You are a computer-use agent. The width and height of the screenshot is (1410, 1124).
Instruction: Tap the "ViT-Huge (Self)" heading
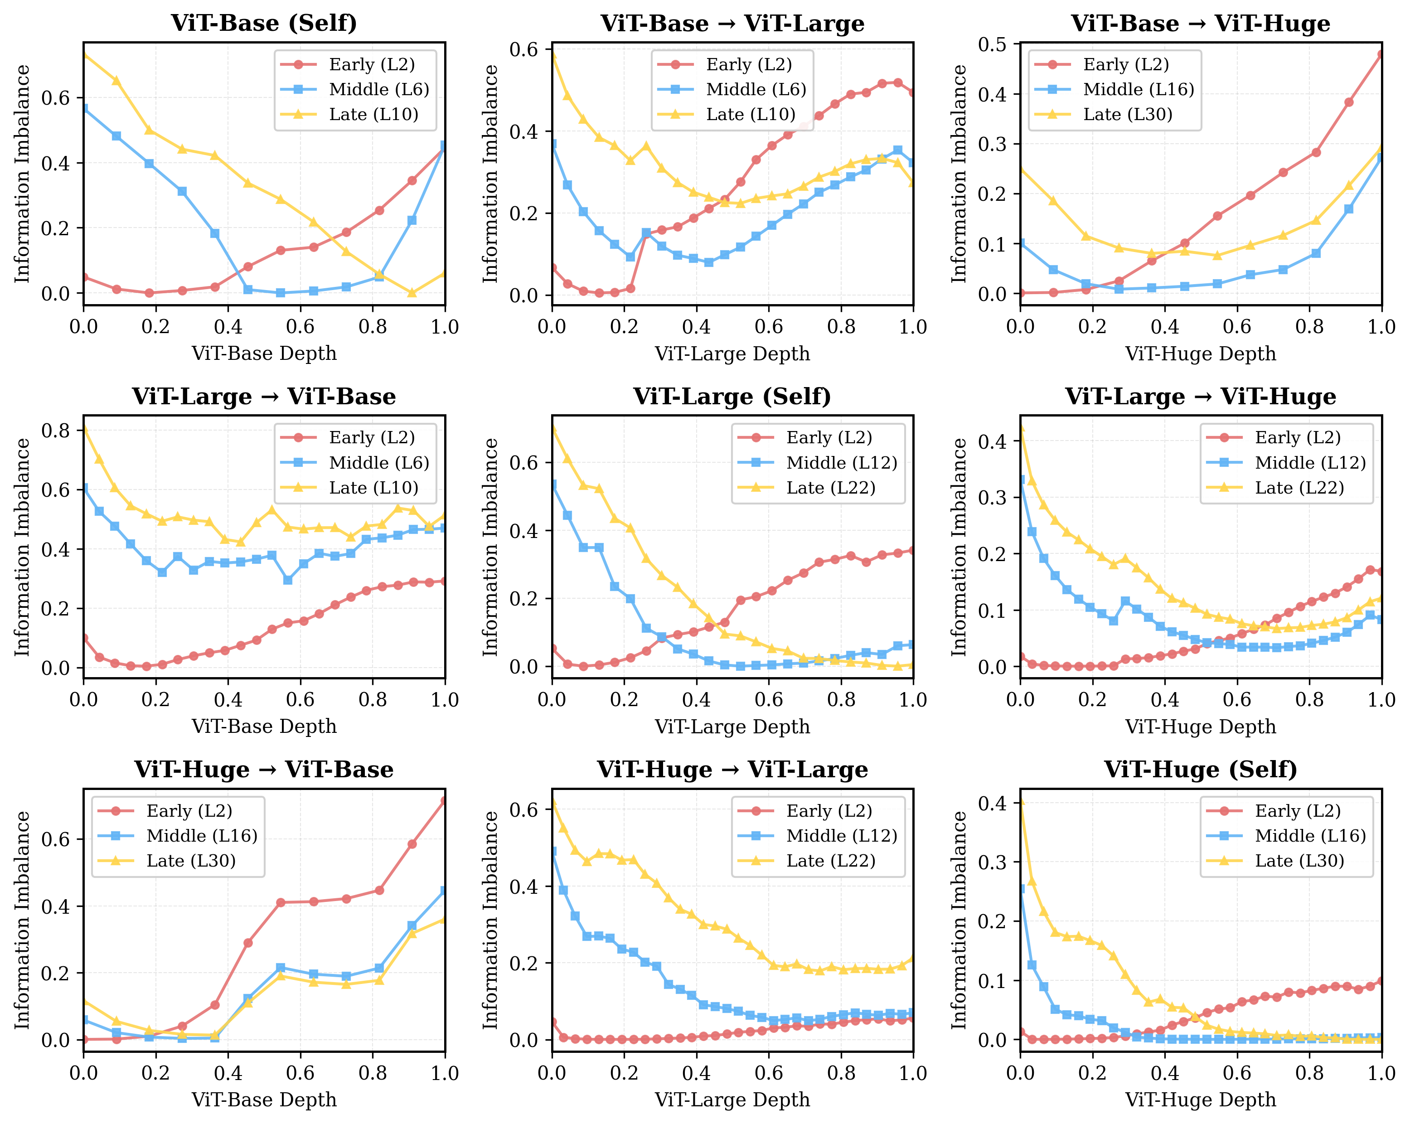1200,770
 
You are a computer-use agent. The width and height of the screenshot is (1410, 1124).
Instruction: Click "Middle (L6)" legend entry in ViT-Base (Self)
378,90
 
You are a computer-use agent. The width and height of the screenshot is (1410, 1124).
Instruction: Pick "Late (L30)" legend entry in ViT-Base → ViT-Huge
1128,114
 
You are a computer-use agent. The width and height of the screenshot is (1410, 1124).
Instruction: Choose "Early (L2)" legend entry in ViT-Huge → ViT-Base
189,811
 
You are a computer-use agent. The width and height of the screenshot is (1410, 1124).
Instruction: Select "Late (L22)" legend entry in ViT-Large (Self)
831,488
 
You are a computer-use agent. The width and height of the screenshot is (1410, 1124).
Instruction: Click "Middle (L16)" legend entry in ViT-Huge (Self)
1310,836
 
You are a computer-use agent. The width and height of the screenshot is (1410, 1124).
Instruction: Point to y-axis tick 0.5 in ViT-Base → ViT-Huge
992,44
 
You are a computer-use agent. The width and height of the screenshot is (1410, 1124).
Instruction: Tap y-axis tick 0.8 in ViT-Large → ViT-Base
56,430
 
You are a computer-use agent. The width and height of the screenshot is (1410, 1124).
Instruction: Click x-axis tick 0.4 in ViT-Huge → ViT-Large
697,1073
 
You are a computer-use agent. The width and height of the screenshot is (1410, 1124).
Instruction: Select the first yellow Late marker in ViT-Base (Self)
84,54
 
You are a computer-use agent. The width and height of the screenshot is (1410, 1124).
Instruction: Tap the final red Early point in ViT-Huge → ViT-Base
445,801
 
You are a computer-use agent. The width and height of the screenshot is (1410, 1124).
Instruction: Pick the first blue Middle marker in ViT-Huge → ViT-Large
552,852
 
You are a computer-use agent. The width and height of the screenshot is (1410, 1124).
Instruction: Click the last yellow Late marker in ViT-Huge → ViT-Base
445,919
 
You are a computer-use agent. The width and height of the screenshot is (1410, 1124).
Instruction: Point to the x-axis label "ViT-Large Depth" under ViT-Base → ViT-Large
732,354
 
